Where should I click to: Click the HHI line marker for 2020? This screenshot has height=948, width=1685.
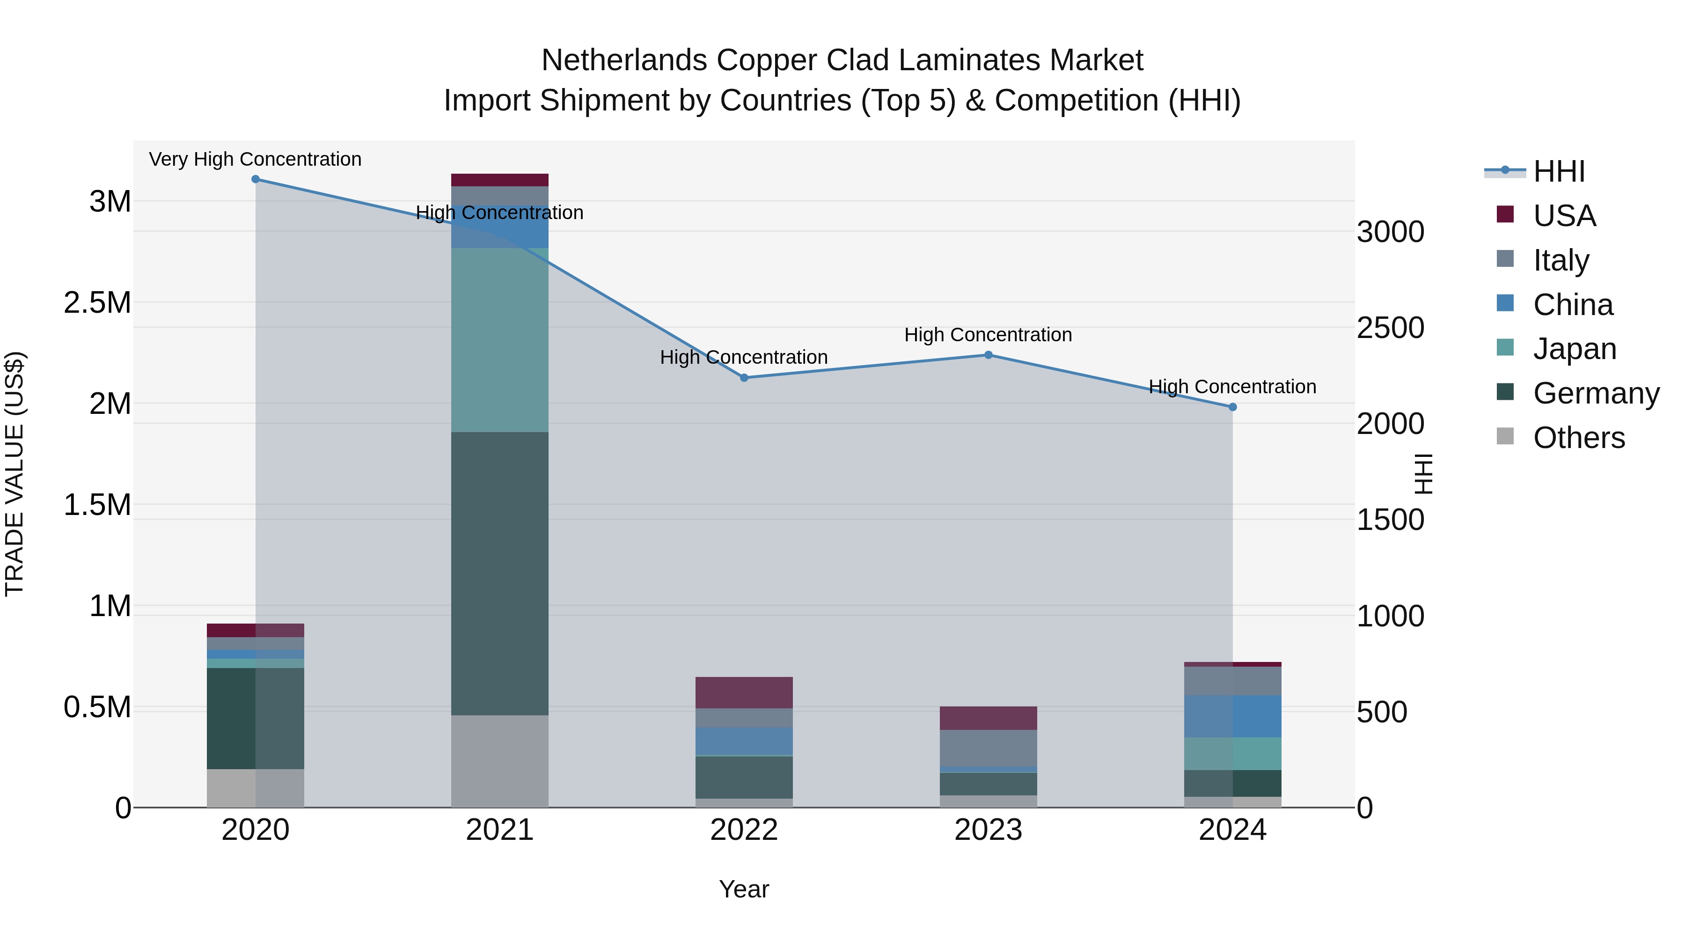(256, 179)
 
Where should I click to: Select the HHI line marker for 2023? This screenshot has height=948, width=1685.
(989, 355)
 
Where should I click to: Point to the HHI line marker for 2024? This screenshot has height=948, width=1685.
(1232, 407)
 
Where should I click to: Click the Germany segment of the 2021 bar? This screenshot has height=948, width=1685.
(500, 573)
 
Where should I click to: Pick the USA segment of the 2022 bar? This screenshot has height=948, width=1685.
(744, 692)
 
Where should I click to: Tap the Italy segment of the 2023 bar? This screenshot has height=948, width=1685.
(989, 748)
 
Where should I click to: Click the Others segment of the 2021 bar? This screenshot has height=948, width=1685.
(500, 761)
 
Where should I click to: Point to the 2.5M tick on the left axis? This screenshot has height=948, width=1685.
(97, 303)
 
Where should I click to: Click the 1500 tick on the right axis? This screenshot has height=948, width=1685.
(1390, 520)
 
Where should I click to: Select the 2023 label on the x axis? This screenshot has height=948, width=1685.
(989, 830)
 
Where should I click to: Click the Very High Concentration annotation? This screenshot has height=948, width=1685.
(255, 159)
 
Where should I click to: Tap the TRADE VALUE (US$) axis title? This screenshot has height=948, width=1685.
(15, 474)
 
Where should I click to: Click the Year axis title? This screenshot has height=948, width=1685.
(744, 889)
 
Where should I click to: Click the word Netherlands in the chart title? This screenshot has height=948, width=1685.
(624, 60)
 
